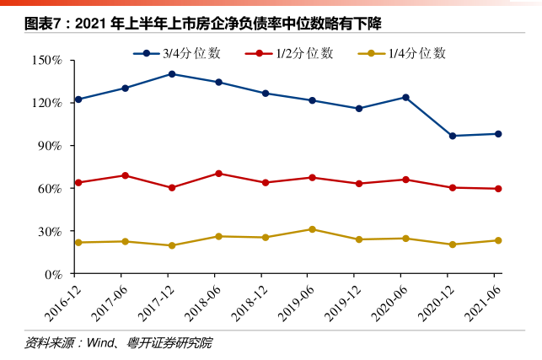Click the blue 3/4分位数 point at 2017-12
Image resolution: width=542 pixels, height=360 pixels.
(x=172, y=74)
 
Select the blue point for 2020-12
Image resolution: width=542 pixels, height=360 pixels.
(x=452, y=136)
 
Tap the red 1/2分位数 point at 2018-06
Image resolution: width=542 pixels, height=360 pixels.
(x=218, y=174)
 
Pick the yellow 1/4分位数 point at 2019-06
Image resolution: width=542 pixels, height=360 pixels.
(x=312, y=229)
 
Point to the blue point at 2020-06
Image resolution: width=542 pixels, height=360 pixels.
(x=405, y=98)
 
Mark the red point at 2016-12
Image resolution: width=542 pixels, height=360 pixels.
(x=78, y=183)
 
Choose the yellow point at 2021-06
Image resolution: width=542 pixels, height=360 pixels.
(x=498, y=240)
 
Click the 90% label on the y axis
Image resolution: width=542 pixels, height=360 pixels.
(x=48, y=146)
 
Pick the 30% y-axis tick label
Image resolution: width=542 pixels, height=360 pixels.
(x=48, y=231)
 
